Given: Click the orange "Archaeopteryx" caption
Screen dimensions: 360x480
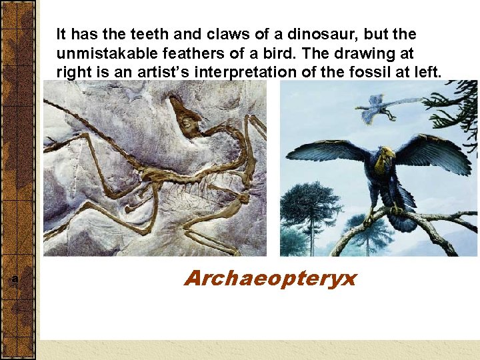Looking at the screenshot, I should pos(270,277).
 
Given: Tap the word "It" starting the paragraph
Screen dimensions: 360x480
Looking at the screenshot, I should pos(61,34).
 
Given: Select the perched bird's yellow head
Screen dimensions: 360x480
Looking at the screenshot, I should pos(384,159).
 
